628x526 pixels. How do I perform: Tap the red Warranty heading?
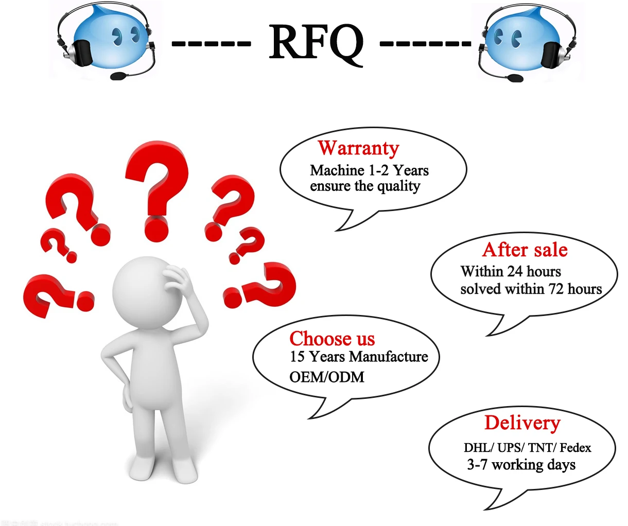[358, 148]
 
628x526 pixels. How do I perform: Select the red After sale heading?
[525, 250]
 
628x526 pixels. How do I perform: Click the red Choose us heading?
[332, 339]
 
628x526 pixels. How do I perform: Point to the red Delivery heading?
[522, 423]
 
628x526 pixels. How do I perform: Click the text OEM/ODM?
[327, 377]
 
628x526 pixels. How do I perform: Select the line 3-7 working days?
[521, 465]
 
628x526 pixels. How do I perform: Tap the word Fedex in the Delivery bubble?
[575, 448]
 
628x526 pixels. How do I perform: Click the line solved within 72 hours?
[531, 289]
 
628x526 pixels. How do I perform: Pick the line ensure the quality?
[365, 186]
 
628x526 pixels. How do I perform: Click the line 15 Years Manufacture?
[359, 357]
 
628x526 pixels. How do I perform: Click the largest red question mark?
[156, 190]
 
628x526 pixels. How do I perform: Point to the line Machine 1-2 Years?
[369, 170]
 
